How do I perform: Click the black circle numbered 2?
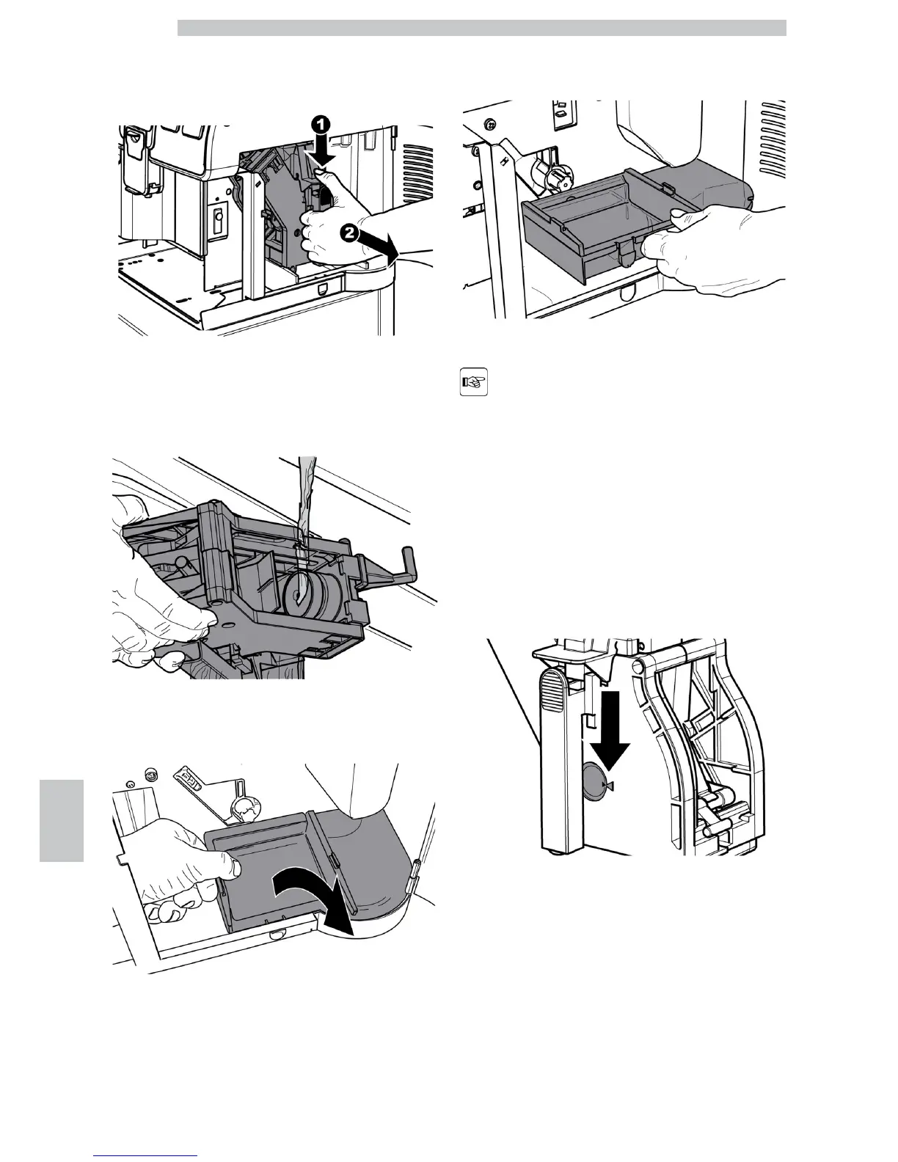(x=350, y=235)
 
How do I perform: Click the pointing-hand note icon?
(x=474, y=384)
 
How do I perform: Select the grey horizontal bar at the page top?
(x=482, y=28)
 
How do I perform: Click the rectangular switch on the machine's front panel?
(x=217, y=220)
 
